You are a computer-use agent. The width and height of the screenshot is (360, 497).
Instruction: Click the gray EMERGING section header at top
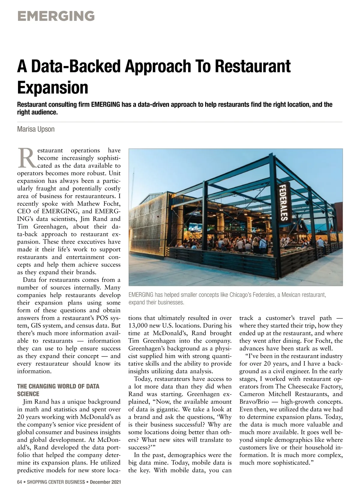point(56,16)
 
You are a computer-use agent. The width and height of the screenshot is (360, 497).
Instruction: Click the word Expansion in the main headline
point(53,87)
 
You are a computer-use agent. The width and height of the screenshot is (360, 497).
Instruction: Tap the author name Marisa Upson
point(36,129)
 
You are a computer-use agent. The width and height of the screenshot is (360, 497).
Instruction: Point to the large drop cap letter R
point(26,157)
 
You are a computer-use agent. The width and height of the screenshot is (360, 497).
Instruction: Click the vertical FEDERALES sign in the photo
point(283,202)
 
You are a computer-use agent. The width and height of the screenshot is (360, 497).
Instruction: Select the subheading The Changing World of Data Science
point(58,390)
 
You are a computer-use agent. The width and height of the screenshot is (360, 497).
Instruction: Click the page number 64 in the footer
point(19,482)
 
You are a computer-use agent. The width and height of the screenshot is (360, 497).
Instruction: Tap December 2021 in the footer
point(105,482)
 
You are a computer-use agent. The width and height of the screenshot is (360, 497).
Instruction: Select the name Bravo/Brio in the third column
point(250,402)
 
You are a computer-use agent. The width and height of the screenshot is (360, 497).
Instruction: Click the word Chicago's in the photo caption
point(241,295)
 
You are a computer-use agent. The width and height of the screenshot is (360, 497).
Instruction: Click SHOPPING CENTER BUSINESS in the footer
point(56,482)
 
